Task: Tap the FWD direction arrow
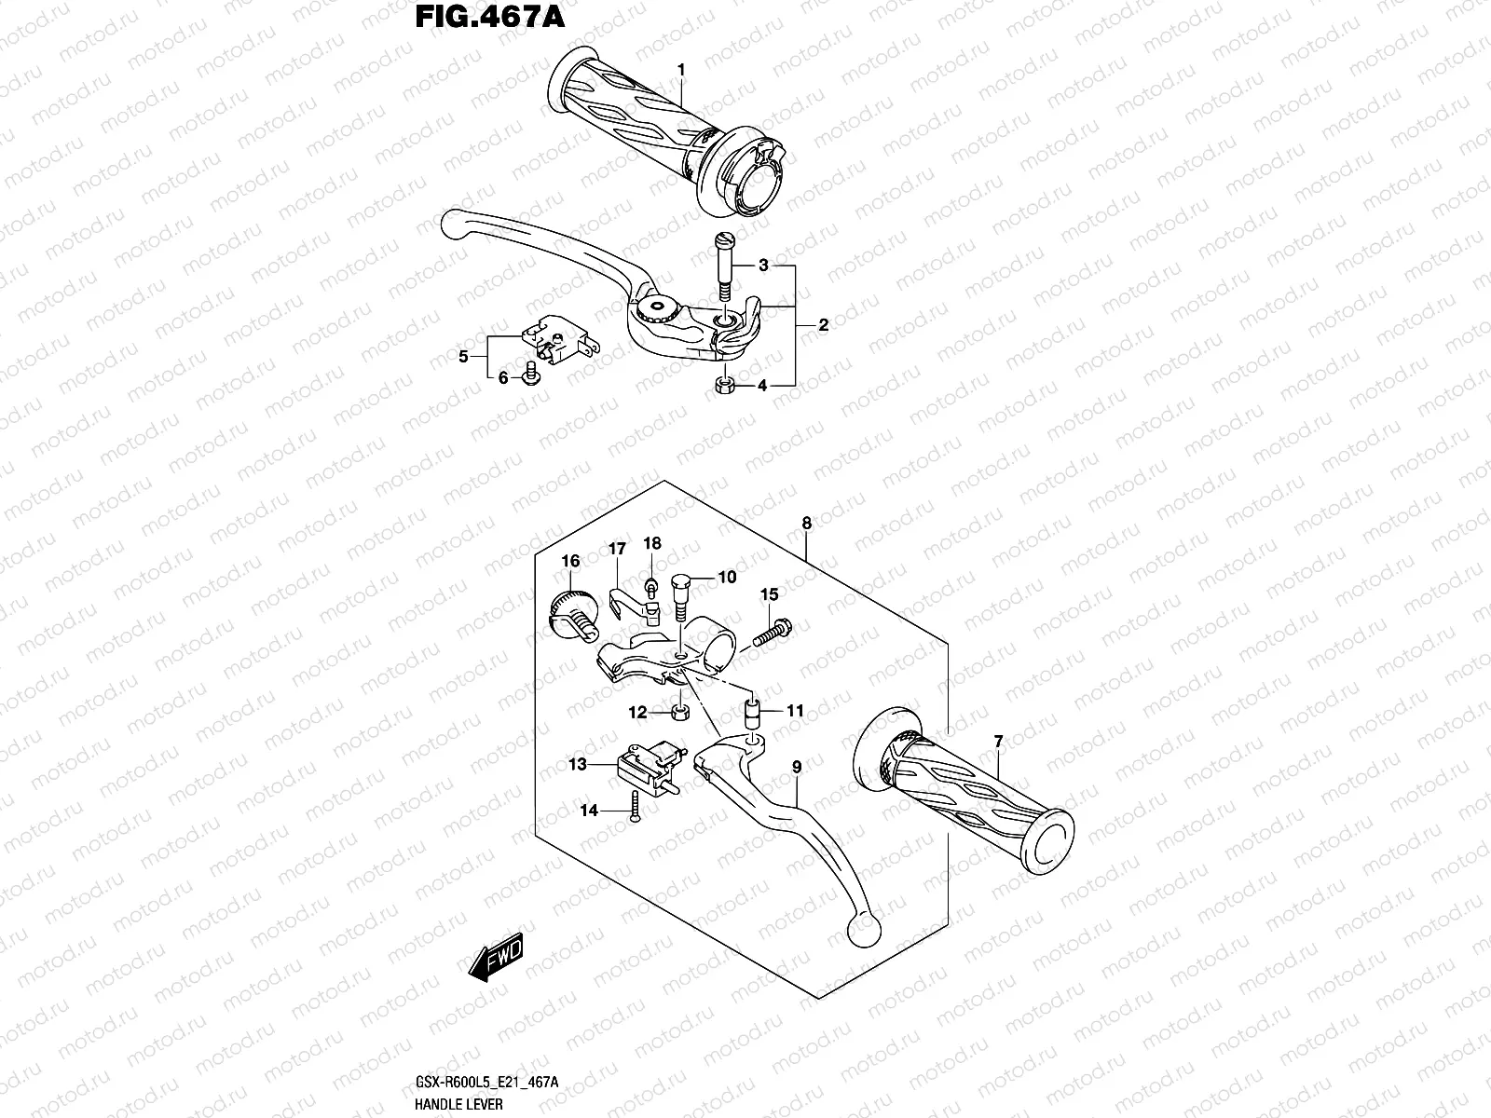click(497, 958)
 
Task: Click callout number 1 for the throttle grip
click(681, 70)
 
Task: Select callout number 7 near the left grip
click(998, 742)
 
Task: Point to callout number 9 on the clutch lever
click(797, 768)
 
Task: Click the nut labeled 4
click(723, 386)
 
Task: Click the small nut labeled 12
click(678, 713)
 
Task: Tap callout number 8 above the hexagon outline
click(806, 524)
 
